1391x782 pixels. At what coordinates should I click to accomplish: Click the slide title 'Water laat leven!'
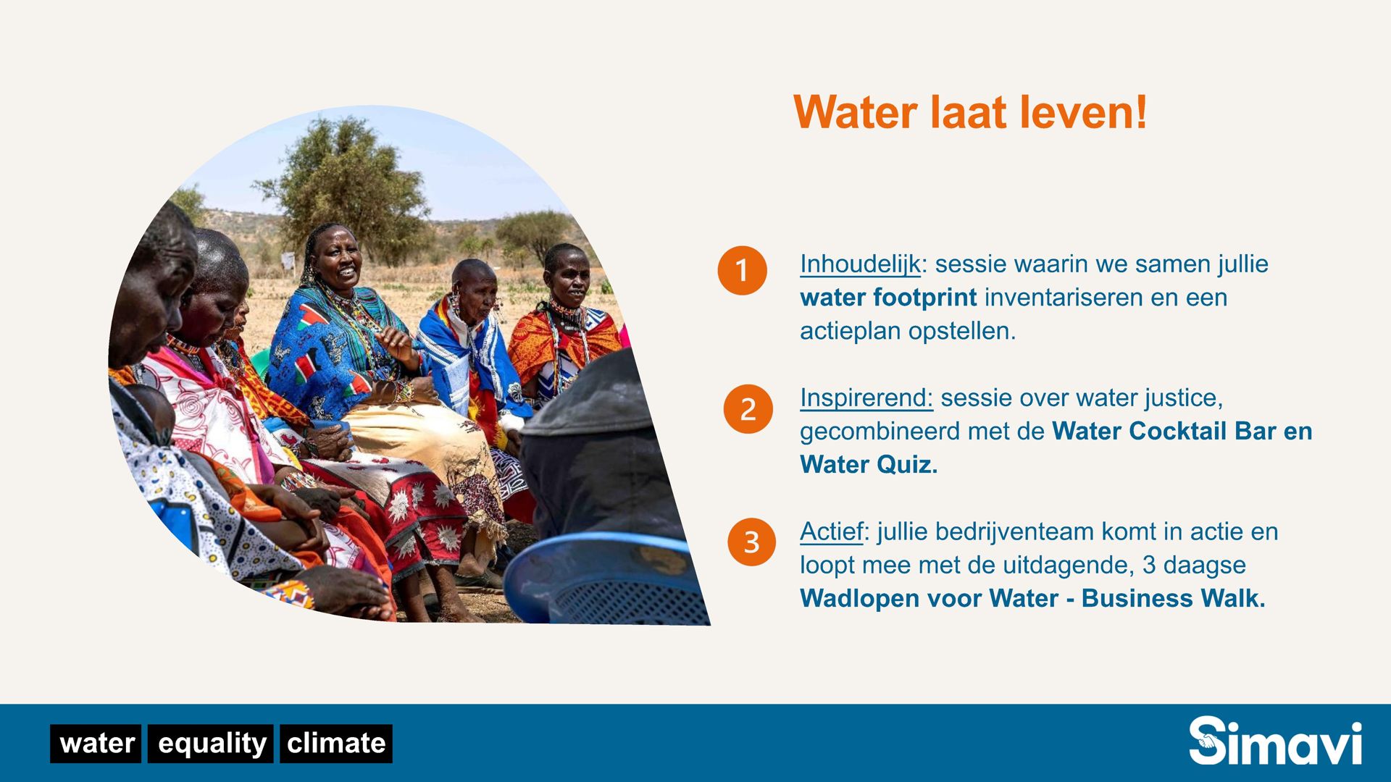coord(970,113)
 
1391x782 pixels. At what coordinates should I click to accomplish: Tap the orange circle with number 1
coord(742,270)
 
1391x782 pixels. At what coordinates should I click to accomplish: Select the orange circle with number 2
coord(748,409)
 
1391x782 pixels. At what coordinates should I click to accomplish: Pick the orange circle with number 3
coord(751,542)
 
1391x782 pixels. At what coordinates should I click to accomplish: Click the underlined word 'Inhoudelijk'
coord(860,264)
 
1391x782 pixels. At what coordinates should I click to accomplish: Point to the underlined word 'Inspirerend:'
coord(866,398)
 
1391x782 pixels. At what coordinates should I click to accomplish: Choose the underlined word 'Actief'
coord(832,531)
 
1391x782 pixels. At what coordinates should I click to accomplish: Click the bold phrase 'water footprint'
coord(888,298)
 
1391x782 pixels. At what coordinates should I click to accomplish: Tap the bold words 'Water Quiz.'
coord(869,464)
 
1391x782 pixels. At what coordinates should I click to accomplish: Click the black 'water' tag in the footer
coord(96,744)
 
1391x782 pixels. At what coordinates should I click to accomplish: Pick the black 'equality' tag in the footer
coord(211,744)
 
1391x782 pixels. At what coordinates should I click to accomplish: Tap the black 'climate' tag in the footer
coord(336,744)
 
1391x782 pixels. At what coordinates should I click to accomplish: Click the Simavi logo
coord(1275,741)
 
